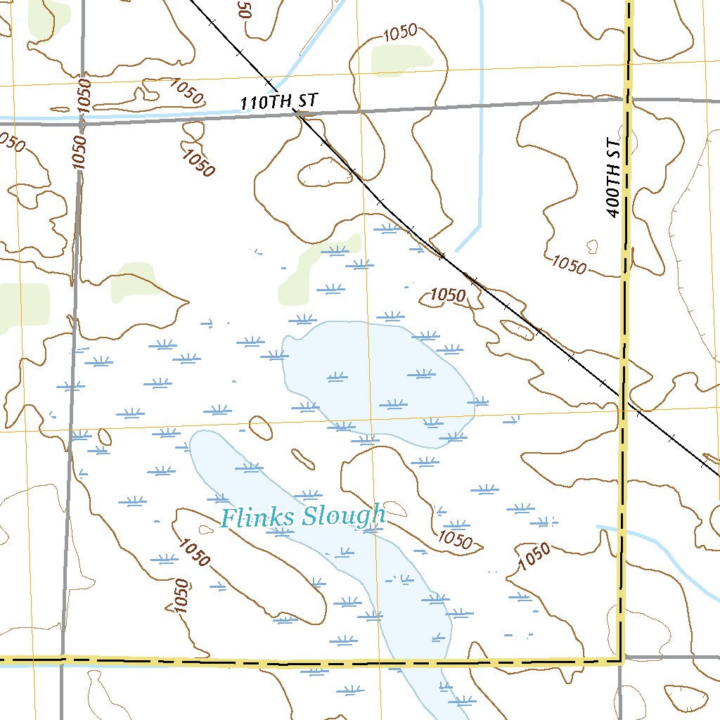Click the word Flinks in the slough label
click(257, 517)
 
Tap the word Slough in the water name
click(344, 516)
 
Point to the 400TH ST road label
click(614, 177)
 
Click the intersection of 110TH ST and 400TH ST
click(626, 99)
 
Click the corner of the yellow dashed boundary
click(622, 660)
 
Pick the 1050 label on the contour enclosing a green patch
click(401, 32)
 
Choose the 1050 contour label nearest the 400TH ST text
click(568, 264)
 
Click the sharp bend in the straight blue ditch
click(480, 226)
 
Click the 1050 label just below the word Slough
click(454, 539)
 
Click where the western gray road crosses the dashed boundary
click(64, 660)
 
